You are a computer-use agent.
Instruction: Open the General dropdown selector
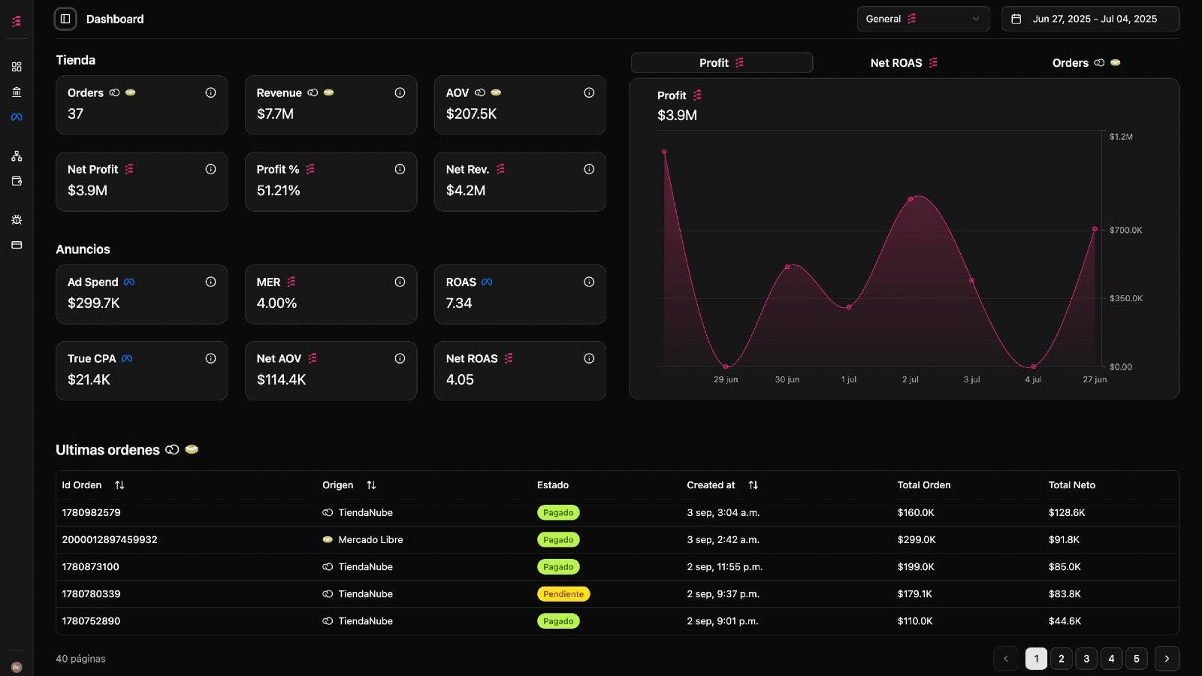pos(923,19)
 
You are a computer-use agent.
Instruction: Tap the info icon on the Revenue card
pos(400,93)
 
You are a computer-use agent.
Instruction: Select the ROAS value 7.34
pos(459,303)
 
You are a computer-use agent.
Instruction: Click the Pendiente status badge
pos(563,594)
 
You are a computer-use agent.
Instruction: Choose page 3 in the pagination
pos(1086,659)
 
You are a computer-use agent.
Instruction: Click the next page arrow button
pos(1167,659)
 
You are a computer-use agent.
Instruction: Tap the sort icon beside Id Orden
pos(119,485)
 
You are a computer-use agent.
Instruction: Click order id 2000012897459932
pos(110,540)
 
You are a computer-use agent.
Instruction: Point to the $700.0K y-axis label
pos(1125,230)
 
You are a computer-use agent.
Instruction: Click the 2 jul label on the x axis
pos(910,379)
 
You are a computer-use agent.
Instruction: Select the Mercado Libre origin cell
pos(370,540)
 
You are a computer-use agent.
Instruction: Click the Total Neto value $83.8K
pos(1065,594)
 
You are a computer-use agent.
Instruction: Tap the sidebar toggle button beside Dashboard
pos(65,19)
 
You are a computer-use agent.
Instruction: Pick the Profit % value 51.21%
pos(279,191)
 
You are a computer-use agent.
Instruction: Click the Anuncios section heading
pos(83,249)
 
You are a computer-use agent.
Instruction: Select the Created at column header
pos(711,485)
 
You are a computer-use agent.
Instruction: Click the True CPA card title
pos(92,359)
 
